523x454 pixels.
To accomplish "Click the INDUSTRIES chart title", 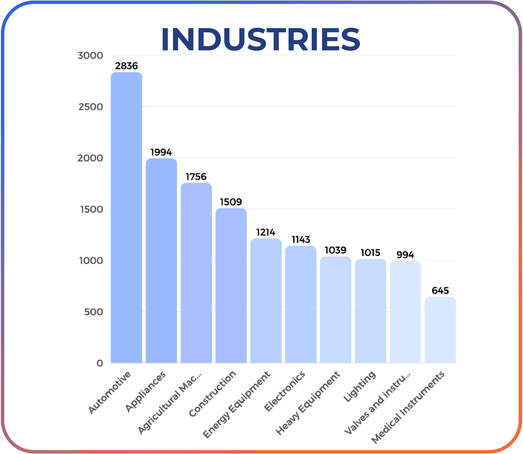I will point(260,40).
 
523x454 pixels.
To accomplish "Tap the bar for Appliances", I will point(161,261).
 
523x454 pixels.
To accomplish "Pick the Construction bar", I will point(231,285).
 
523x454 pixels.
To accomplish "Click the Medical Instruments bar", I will point(440,330).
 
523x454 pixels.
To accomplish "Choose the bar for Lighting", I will point(371,311).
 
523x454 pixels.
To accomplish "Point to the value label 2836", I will point(126,66).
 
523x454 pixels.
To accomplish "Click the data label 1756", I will point(196,177).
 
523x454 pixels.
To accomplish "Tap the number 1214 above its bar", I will point(266,232).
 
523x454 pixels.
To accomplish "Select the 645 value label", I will point(440,291).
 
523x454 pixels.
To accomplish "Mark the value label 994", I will point(405,255).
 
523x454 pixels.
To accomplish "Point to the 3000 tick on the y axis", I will point(90,55).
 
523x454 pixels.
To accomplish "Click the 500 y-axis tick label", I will point(93,312).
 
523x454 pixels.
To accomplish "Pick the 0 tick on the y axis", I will point(100,363).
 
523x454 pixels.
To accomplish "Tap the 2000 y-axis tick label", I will point(90,158).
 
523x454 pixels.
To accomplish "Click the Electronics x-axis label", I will point(284,392).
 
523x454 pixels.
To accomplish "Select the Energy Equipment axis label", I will point(237,404).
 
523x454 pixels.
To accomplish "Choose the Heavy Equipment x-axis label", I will point(308,403).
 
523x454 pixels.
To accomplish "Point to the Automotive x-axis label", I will point(110,393).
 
